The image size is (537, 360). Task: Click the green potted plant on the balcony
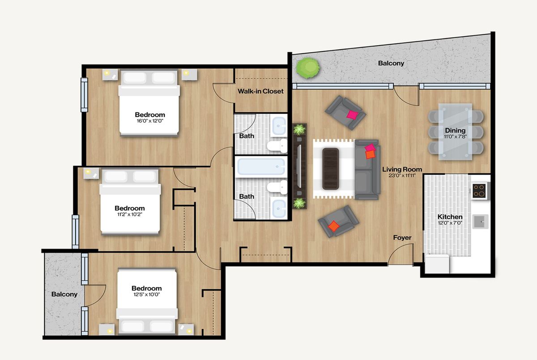308,68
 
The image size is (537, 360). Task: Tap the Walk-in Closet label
260,91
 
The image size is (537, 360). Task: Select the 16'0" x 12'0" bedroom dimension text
150,121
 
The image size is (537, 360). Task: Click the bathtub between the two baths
261,167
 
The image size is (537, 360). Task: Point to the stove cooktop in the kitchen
479,191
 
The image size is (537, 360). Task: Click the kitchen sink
480,221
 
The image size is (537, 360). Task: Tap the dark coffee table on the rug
331,169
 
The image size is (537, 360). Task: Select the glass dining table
455,132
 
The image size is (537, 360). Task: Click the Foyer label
402,237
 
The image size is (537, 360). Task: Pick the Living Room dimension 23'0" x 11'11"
402,176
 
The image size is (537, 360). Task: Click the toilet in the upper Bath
277,145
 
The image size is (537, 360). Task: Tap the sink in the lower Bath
279,208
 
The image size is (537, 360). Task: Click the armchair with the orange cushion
338,221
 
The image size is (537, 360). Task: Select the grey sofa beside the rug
367,169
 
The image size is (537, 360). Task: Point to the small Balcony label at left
64,294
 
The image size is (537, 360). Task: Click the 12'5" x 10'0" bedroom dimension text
147,294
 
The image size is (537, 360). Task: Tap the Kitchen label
450,217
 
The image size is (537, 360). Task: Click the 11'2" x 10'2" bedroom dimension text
130,214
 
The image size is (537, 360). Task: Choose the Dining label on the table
455,131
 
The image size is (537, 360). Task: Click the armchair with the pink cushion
345,113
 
